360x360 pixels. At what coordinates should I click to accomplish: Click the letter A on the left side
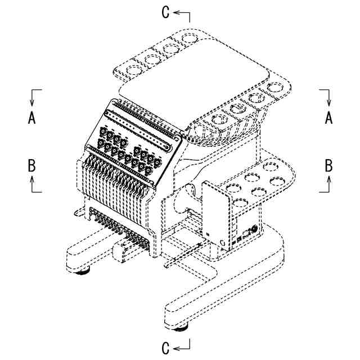tap(32, 118)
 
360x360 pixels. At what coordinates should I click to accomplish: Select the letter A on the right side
tap(329, 118)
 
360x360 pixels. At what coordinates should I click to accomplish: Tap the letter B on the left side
tap(32, 165)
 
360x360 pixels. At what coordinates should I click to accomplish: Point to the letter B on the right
tap(329, 165)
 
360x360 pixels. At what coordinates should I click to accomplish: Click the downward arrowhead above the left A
tap(32, 102)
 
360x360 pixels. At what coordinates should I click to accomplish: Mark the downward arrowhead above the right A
tap(329, 102)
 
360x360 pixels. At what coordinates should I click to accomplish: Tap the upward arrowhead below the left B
tap(32, 179)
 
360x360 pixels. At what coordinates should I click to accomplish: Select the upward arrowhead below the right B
tap(329, 179)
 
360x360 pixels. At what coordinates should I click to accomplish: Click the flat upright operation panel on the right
tap(217, 214)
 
